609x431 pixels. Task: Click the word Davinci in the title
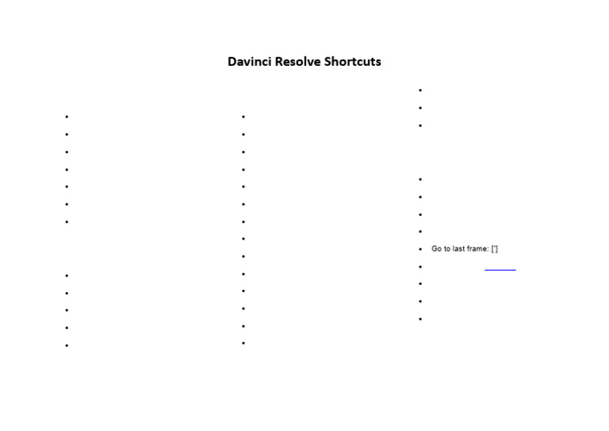250,62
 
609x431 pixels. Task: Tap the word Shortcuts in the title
352,62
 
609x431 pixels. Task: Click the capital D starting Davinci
232,62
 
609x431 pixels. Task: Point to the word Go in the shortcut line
436,249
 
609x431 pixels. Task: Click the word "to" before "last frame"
447,249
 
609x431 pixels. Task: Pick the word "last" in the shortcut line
459,249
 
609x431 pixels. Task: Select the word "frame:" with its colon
477,249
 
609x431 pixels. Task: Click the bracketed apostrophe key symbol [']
495,249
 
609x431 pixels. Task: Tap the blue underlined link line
500,270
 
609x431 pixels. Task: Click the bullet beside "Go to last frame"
420,249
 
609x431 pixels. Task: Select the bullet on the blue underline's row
420,267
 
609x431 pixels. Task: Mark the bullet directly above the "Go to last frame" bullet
420,232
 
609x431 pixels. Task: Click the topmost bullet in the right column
420,90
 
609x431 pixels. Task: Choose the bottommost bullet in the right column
420,319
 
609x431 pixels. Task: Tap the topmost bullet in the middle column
243,117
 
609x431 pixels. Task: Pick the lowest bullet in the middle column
243,344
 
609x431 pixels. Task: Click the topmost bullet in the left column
67,117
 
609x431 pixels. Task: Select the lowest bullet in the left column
67,345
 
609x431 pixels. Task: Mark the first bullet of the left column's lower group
67,275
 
